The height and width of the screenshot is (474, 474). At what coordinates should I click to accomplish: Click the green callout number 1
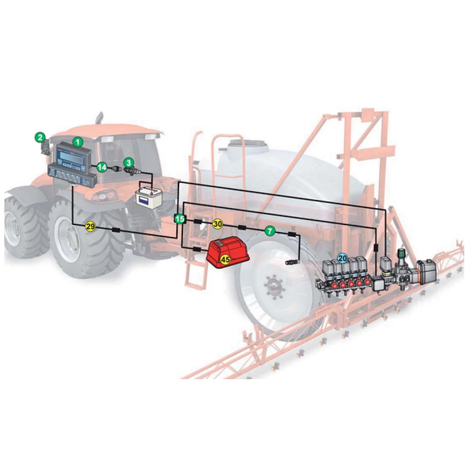pos(78,141)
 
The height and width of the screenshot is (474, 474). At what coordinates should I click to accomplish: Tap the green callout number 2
pos(40,137)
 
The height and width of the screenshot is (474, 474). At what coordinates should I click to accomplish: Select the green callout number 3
pos(129,163)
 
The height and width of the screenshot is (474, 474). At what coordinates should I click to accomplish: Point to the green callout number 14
pos(102,167)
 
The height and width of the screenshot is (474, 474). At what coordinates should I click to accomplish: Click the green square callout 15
pos(180,219)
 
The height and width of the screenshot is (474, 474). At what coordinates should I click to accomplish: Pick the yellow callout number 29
pos(91,226)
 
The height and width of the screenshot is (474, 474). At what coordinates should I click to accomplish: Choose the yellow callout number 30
pos(218,224)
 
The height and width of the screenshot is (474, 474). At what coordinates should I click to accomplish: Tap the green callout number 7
pos(270,231)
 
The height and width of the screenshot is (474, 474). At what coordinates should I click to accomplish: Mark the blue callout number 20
pos(343,258)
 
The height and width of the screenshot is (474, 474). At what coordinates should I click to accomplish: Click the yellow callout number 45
pos(226,259)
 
